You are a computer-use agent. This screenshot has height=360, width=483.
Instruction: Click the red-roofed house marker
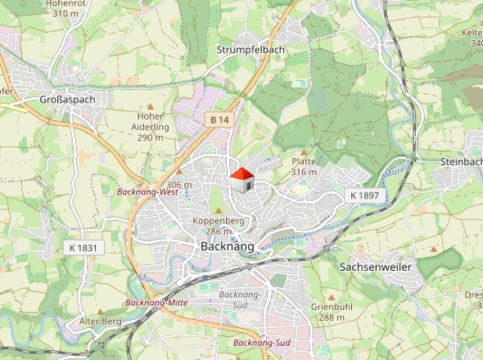click(241, 180)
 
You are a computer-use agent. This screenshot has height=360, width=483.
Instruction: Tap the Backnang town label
click(228, 245)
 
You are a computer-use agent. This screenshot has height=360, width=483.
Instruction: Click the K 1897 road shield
click(364, 196)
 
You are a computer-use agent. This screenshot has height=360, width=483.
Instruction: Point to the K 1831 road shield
click(81, 247)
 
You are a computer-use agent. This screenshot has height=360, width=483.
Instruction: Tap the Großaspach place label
click(68, 99)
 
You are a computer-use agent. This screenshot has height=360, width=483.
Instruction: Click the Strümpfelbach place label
click(251, 50)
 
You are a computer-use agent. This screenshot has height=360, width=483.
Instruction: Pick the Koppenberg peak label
click(219, 221)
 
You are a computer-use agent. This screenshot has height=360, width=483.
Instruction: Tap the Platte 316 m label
click(304, 166)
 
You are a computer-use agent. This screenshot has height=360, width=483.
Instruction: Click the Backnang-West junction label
click(147, 192)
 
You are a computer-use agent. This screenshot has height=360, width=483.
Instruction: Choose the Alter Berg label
click(100, 322)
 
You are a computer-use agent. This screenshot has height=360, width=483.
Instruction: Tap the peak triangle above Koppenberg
click(219, 210)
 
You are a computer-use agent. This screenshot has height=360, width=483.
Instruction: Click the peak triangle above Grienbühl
click(332, 296)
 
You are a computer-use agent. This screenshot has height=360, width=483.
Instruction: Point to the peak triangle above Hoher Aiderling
click(150, 106)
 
